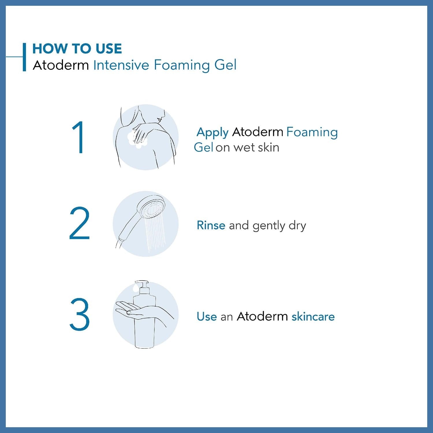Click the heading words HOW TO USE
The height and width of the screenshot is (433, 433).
pos(77,48)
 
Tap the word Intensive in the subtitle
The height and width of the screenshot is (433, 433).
pos(121,65)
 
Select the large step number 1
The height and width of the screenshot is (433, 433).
pos(78,137)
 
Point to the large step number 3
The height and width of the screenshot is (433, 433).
pos(79,314)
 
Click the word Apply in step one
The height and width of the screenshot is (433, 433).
pos(212,132)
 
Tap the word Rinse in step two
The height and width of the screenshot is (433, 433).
pos(211,225)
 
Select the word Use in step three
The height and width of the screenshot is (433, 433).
pos(207,316)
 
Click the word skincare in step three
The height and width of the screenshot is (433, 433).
pos(313,316)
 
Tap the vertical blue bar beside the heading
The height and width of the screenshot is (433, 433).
pos(25,57)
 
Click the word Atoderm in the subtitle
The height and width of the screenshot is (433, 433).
pos(61,65)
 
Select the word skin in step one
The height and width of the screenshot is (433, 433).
pos(268,148)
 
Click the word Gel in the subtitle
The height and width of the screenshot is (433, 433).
pos(225,65)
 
